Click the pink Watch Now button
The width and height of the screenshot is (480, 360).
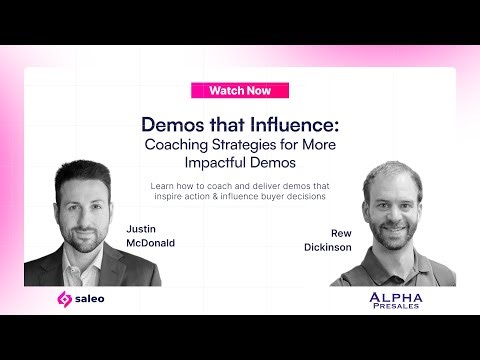(240, 90)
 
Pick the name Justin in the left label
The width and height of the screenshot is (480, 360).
(142, 228)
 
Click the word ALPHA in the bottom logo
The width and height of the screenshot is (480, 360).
(395, 297)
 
